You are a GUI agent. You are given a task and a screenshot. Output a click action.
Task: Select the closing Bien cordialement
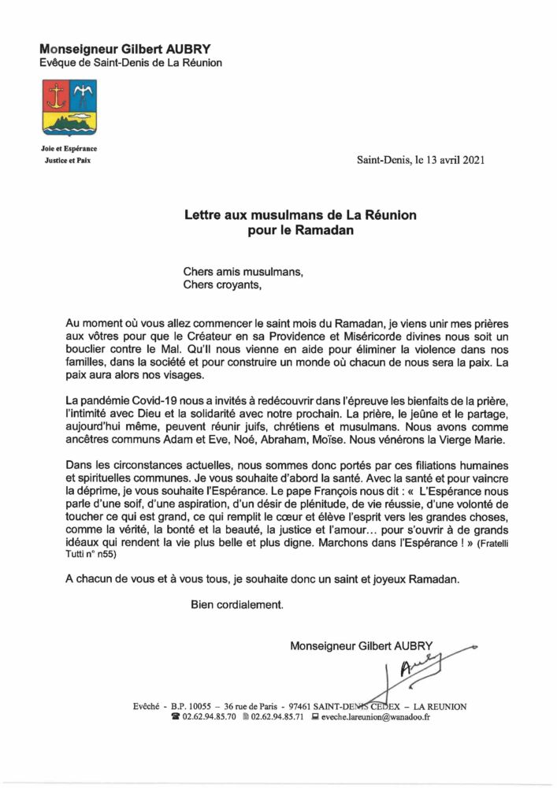click(236, 606)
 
